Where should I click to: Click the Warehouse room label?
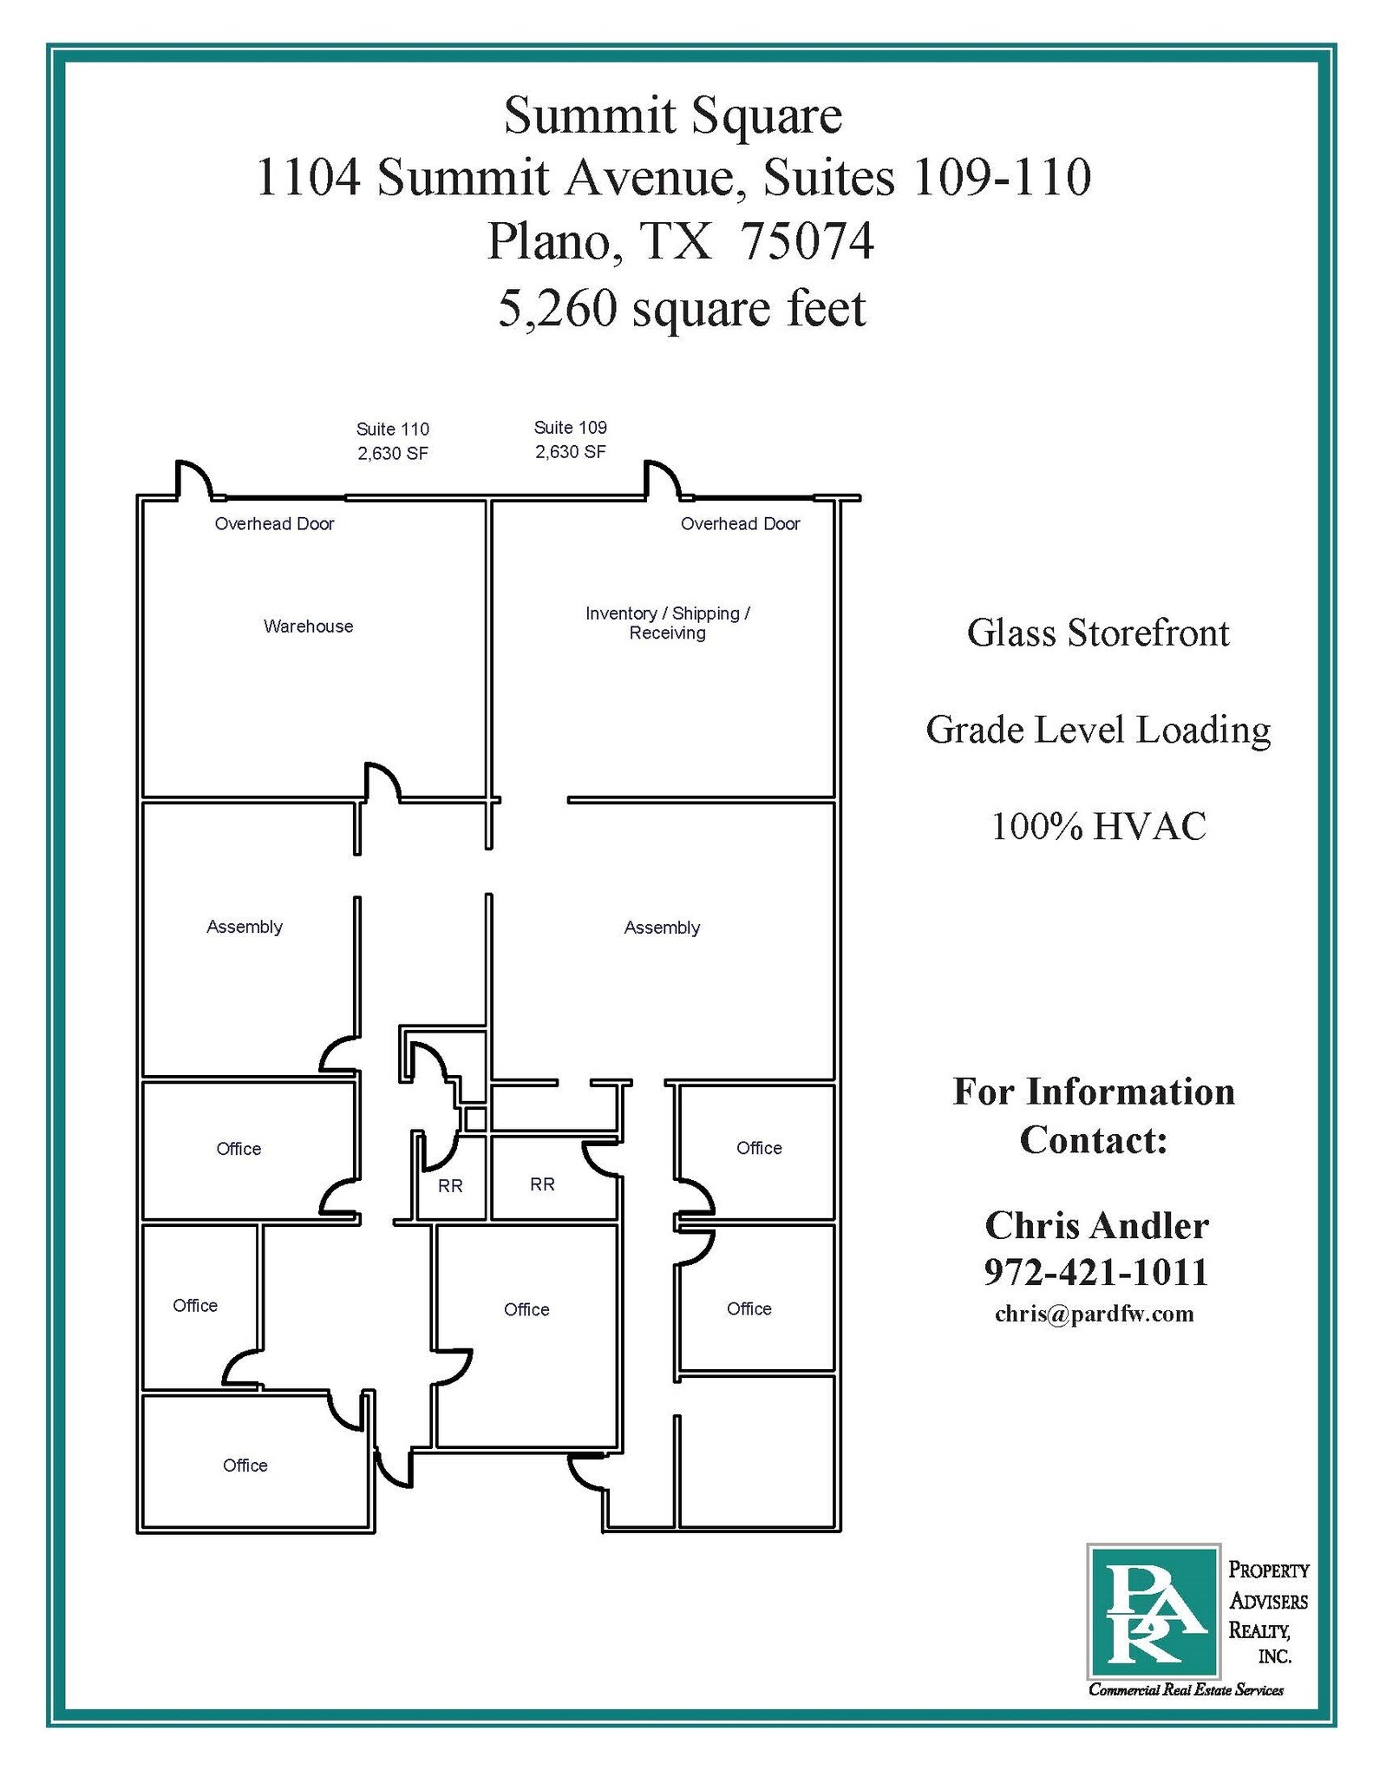pyautogui.click(x=308, y=626)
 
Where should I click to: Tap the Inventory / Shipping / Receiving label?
pyautogui.click(x=667, y=623)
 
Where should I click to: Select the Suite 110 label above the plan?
pyautogui.click(x=393, y=441)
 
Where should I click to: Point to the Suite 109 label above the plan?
pyautogui.click(x=570, y=439)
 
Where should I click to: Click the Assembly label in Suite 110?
pyautogui.click(x=245, y=927)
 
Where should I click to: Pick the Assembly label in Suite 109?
pyautogui.click(x=662, y=928)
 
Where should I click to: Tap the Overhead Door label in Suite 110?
pyautogui.click(x=274, y=523)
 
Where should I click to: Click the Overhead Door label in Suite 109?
pyautogui.click(x=740, y=523)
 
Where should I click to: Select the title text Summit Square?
pyautogui.click(x=673, y=115)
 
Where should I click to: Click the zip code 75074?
pyautogui.click(x=807, y=241)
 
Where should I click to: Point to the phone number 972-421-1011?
pyautogui.click(x=1096, y=1271)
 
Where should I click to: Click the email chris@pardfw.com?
pyautogui.click(x=1095, y=1314)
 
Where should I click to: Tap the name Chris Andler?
pyautogui.click(x=1096, y=1225)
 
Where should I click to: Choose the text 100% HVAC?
pyautogui.click(x=1098, y=826)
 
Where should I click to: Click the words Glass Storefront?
pyautogui.click(x=1098, y=633)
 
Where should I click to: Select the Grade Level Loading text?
pyautogui.click(x=1098, y=730)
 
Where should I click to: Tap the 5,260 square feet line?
pyautogui.click(x=682, y=308)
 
